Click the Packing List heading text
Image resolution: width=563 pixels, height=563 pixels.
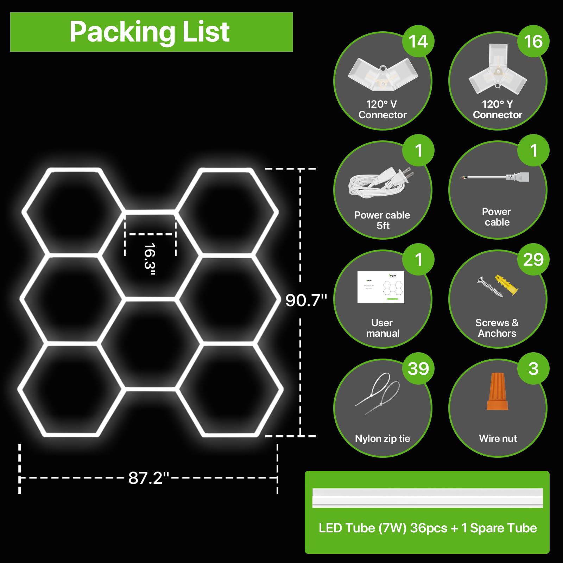coord(150,32)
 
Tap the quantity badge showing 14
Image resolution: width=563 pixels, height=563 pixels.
coord(418,41)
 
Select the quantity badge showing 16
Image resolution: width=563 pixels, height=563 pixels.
coord(533,41)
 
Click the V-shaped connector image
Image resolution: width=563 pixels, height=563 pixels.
coord(383,73)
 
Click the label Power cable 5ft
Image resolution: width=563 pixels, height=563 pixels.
coord(382,220)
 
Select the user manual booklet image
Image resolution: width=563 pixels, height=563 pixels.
coord(381,287)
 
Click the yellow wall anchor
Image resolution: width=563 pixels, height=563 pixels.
coord(507,284)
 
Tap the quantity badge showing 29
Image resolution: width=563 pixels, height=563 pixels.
coord(533,259)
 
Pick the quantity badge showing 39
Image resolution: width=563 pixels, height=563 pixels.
coord(418,368)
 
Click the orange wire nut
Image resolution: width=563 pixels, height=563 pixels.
coord(498,391)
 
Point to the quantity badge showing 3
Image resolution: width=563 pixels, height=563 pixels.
coord(533,368)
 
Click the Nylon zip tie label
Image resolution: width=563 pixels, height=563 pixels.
coord(382,438)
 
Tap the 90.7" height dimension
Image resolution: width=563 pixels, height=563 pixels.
coord(306,300)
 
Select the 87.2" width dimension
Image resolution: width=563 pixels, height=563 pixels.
coord(148,478)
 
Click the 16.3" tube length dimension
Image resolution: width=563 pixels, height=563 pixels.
coord(150,259)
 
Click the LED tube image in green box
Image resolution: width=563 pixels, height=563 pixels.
coord(428,498)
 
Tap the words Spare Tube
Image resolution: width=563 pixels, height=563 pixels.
coord(504,528)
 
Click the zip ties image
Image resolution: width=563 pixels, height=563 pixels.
coord(378,393)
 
